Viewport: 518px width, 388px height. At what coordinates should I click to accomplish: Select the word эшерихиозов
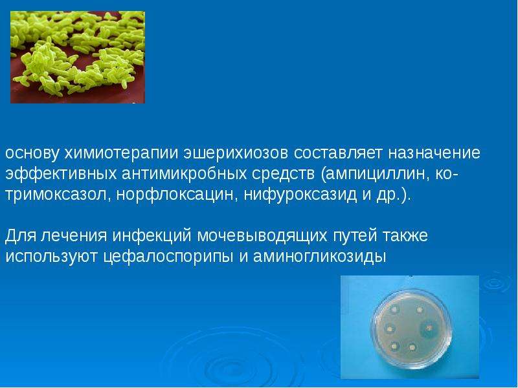point(236,153)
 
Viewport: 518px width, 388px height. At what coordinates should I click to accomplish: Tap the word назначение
point(434,153)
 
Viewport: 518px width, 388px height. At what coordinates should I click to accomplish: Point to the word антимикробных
point(185,174)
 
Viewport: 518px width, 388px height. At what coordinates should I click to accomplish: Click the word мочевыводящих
point(262,236)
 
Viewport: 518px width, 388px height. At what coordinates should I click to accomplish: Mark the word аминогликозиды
point(320,257)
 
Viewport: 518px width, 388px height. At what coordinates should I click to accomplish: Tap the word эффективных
point(61,174)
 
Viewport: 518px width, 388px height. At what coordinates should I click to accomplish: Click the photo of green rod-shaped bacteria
point(78,57)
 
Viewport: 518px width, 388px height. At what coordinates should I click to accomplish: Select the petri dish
point(411,329)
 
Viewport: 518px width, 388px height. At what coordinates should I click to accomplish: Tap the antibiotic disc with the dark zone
point(428,328)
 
